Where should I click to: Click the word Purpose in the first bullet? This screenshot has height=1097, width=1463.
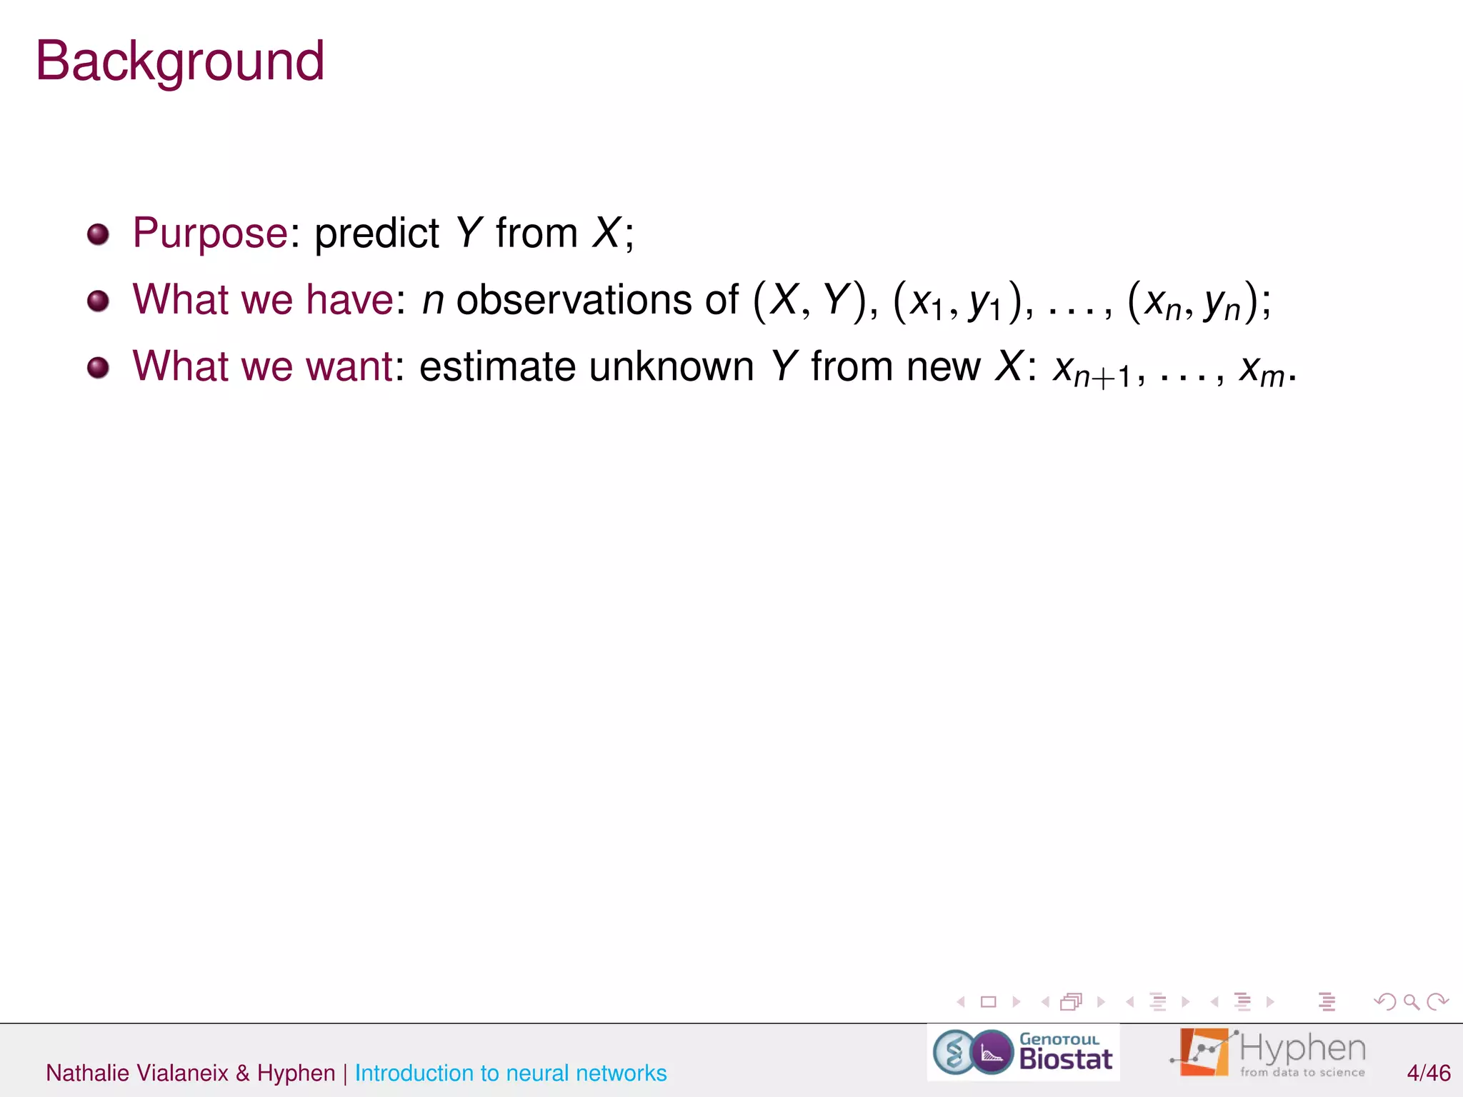point(210,234)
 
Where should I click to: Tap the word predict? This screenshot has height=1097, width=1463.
point(376,234)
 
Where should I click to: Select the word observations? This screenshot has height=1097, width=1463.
point(574,300)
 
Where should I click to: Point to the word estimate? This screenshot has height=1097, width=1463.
point(497,367)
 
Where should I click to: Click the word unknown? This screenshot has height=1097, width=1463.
point(671,367)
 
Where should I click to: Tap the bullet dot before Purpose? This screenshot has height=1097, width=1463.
point(98,234)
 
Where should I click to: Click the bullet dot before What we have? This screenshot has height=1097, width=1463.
point(98,301)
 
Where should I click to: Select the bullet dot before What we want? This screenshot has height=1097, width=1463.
point(98,368)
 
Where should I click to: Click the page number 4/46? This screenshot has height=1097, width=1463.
point(1428,1073)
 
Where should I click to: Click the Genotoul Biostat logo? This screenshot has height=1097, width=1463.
point(1023,1052)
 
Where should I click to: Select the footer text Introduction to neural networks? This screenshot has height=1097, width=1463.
point(511,1073)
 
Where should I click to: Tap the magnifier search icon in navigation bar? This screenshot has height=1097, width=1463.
point(1411,1002)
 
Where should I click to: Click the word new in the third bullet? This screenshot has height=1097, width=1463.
point(943,367)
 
